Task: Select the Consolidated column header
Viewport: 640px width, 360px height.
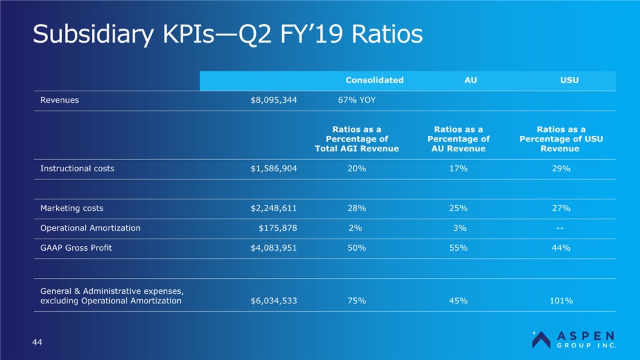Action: (374, 80)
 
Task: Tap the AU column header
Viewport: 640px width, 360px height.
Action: (470, 80)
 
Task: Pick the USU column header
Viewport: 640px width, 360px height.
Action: (569, 80)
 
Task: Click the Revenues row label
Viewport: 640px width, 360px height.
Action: (59, 100)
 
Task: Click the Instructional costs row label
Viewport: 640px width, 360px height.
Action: (77, 169)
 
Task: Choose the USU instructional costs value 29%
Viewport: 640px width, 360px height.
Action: (561, 169)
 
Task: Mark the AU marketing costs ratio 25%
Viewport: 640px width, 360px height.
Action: (459, 208)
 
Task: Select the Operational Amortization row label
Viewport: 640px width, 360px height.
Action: (91, 228)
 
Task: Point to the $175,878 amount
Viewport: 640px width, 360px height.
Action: (277, 228)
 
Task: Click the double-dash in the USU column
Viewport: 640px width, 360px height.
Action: (561, 228)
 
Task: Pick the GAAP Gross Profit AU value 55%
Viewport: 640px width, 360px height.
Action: (459, 248)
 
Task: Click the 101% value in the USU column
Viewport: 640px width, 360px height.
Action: (561, 301)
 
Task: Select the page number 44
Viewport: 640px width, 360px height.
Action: (38, 342)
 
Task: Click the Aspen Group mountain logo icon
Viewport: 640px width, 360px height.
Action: (541, 339)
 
